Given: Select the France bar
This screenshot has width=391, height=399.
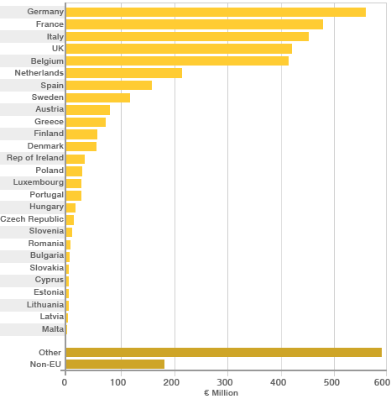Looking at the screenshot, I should point(194,24).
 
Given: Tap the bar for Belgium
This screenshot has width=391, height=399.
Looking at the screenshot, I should point(177,60).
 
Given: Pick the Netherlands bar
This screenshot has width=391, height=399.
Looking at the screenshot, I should point(123,73).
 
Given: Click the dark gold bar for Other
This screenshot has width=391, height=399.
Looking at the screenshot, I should point(223,352).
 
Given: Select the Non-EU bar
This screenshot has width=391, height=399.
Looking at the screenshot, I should point(115,365).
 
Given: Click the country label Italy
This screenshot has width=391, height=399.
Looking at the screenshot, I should point(54,36).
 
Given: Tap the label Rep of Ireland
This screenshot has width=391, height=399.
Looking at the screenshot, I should point(34,158).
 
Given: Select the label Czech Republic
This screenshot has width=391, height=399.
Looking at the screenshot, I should point(32,218).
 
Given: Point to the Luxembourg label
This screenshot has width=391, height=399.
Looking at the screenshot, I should point(39,182).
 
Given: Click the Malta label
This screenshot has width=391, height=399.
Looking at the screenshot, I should point(53,328).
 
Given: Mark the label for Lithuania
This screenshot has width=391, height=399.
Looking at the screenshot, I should point(44,304).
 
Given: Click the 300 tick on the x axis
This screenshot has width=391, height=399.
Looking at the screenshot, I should point(227,382).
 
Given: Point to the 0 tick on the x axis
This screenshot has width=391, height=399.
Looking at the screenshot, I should point(65,382).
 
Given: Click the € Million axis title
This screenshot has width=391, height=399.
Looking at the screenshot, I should point(221,393).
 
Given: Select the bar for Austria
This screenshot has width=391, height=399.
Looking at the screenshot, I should point(87,109).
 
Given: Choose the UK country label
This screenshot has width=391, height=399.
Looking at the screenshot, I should point(57,49).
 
